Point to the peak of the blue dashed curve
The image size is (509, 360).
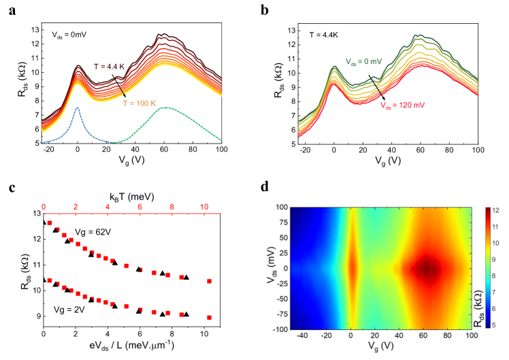click(x=78, y=108)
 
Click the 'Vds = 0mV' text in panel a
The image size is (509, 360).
click(x=73, y=33)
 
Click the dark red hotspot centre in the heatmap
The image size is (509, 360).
click(x=427, y=267)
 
